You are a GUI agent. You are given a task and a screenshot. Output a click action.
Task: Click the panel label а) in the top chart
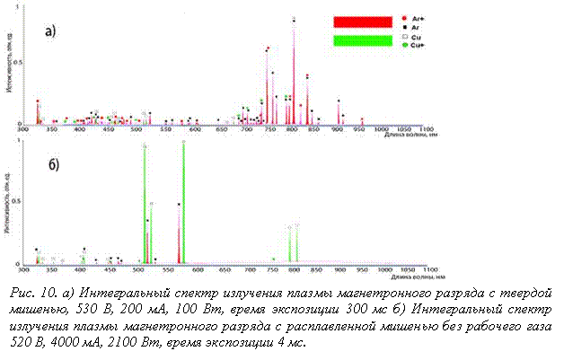tap(51, 29)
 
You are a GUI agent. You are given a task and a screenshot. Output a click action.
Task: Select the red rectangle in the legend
tap(363, 20)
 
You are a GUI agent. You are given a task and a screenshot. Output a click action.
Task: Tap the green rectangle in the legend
tap(363, 41)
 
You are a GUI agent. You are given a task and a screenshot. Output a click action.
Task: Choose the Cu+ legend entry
tap(415, 45)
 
